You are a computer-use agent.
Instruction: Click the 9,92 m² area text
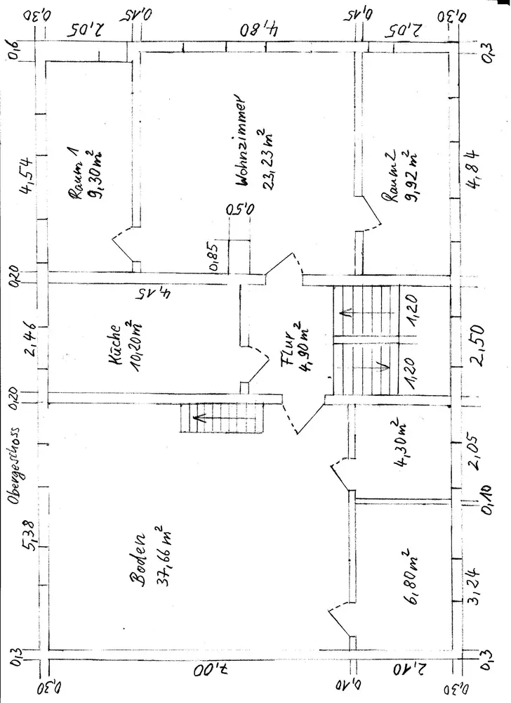409,174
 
